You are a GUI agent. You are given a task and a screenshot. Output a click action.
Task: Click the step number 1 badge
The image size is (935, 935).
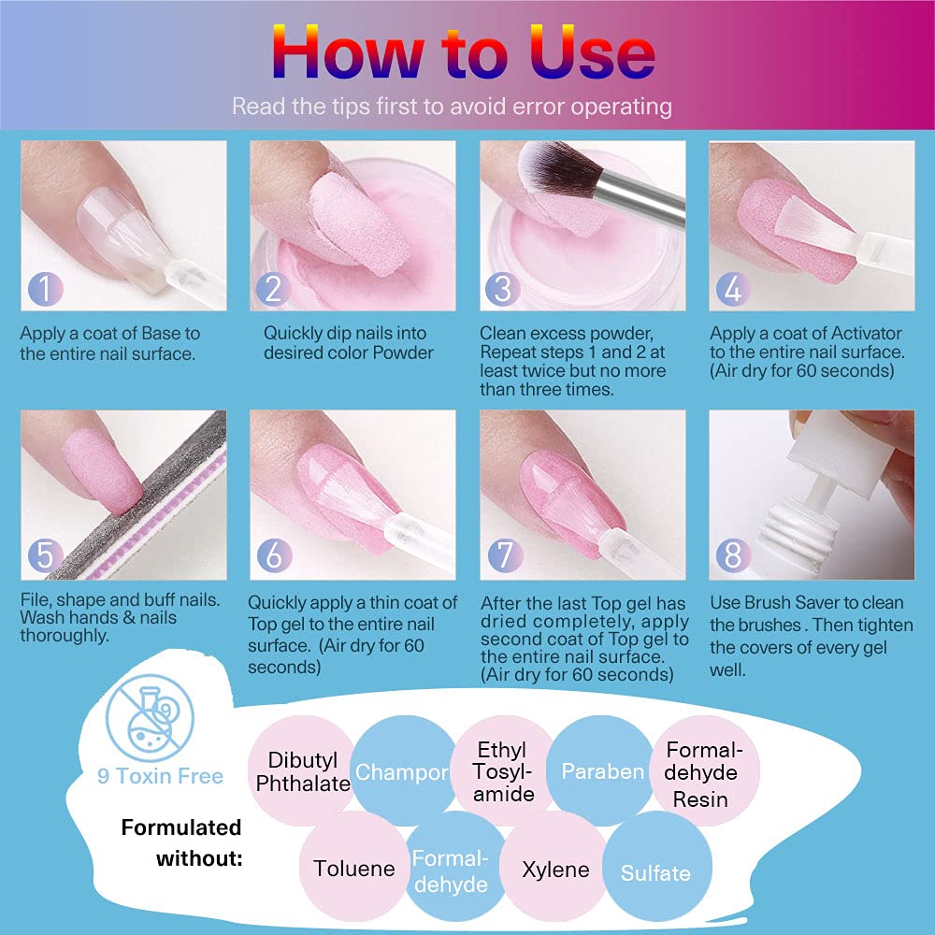(45, 289)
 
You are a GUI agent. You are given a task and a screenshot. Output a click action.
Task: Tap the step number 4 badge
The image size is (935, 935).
(733, 289)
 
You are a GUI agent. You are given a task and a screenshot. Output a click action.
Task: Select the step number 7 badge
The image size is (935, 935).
(505, 555)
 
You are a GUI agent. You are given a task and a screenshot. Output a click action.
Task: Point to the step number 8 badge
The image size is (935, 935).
(733, 555)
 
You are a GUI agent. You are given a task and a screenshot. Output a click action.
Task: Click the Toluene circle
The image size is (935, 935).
(354, 869)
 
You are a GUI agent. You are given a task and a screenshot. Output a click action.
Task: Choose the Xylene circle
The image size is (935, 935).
(555, 869)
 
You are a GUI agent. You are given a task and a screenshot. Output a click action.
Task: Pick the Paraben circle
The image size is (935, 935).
(601, 770)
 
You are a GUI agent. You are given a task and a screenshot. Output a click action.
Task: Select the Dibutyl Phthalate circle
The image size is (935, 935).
(303, 770)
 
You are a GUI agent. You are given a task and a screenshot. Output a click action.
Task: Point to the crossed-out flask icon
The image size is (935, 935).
(150, 718)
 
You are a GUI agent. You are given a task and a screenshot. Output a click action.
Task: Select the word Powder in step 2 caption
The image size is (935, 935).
(402, 352)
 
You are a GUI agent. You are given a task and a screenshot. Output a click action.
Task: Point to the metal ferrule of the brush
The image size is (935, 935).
(641, 196)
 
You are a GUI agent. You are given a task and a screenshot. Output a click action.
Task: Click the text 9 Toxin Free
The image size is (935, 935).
(160, 776)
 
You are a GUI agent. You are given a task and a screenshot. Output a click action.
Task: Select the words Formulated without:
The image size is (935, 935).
(182, 842)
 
